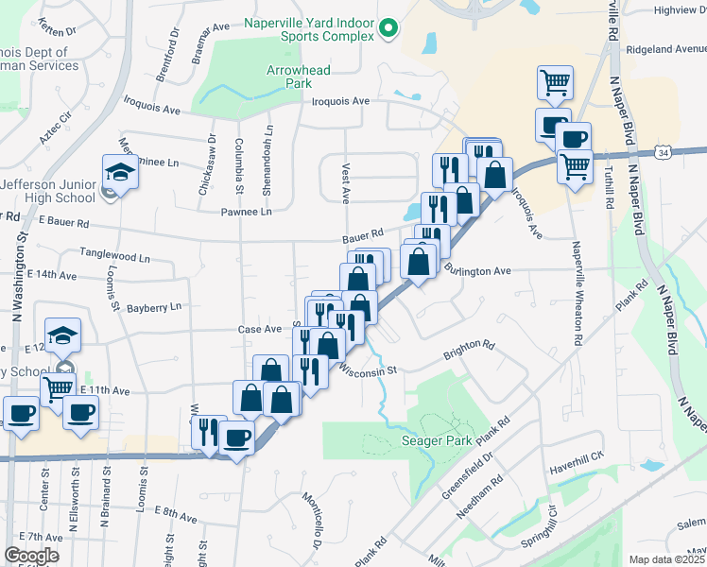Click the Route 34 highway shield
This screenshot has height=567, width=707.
coord(666,152)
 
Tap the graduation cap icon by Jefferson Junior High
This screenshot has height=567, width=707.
coord(120,172)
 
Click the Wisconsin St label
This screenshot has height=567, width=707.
coord(365,370)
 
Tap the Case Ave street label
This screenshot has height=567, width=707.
coord(260,330)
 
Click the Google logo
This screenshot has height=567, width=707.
coord(31,556)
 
